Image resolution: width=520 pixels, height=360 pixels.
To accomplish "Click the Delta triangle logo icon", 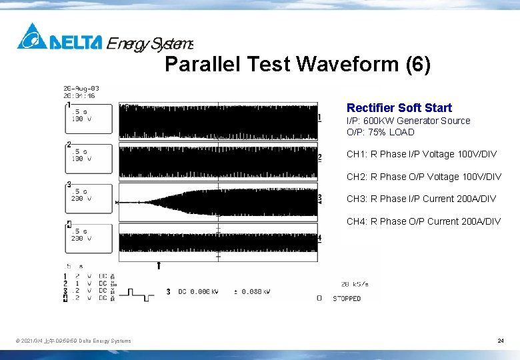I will [32, 37].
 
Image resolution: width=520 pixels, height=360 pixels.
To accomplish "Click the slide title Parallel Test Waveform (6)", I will [297, 65].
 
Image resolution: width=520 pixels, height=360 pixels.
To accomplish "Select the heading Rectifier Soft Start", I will [399, 108].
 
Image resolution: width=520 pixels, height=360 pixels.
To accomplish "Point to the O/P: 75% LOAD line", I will [380, 132].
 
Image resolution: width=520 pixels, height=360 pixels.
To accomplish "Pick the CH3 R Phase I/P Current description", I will [421, 199].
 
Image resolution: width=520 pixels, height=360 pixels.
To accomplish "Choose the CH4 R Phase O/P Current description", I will [423, 221].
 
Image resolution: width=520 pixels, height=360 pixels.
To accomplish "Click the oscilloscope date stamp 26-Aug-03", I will [81, 88].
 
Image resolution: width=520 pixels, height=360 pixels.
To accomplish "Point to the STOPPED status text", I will [347, 299].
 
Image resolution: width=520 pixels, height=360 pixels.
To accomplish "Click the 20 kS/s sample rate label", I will [355, 284].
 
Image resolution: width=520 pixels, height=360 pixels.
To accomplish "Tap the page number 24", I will [500, 341].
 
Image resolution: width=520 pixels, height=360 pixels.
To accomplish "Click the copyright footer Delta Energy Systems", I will [73, 341].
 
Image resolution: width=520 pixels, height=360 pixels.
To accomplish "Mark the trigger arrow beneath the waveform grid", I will [159, 265].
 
